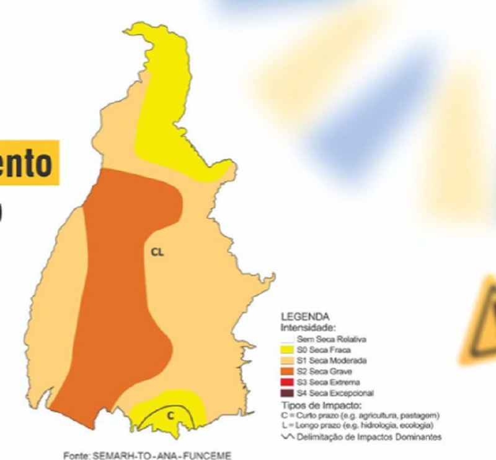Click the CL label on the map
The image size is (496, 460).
point(157,252)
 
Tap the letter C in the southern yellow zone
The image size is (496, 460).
point(170,415)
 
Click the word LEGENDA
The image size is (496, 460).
point(305,316)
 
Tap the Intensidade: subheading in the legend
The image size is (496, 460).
point(308,327)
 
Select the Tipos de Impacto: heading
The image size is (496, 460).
point(314,404)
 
